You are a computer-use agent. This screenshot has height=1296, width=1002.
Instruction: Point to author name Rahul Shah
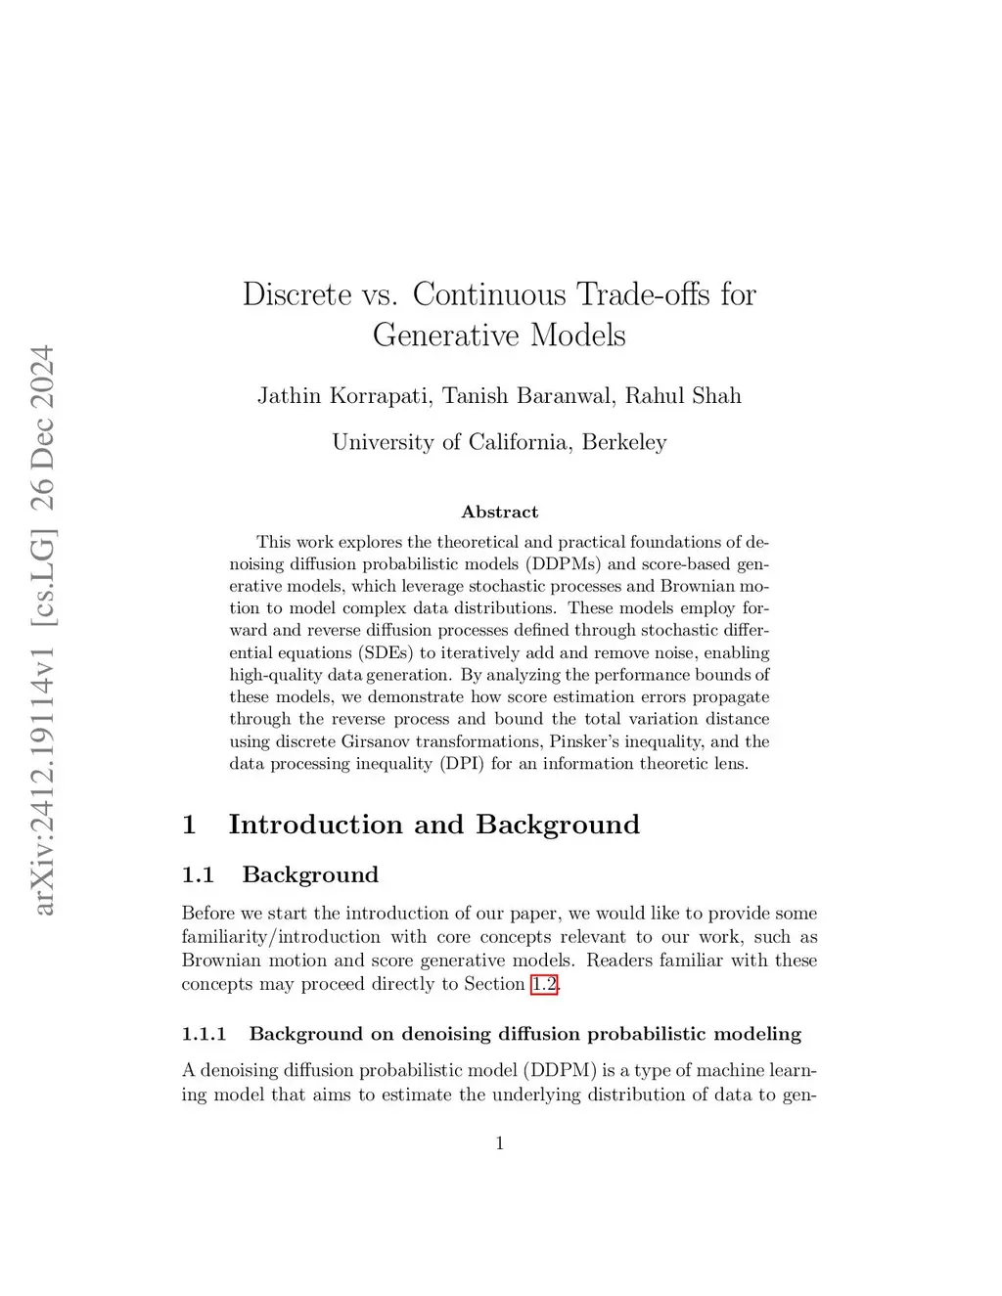pyautogui.click(x=683, y=396)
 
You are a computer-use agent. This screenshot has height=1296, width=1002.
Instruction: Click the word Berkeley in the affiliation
pyautogui.click(x=624, y=442)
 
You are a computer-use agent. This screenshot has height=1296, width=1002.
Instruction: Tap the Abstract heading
pyautogui.click(x=499, y=513)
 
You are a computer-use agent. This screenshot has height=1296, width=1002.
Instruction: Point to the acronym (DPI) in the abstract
pyautogui.click(x=461, y=764)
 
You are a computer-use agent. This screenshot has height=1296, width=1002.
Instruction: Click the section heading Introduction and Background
pyautogui.click(x=433, y=825)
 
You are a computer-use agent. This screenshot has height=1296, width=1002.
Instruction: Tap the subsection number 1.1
pyautogui.click(x=198, y=875)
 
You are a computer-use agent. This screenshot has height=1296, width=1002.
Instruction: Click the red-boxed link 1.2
pyautogui.click(x=544, y=984)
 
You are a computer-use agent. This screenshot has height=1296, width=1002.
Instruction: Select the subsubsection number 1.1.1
pyautogui.click(x=204, y=1035)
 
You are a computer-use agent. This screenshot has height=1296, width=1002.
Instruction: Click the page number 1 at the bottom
pyautogui.click(x=500, y=1143)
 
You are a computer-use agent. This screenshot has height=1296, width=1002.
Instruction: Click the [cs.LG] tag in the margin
pyautogui.click(x=43, y=577)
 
